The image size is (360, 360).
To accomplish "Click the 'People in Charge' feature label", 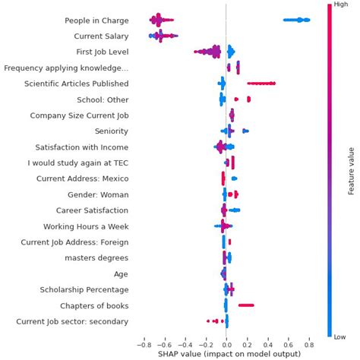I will coord(86,21).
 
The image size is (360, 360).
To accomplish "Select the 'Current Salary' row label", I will coord(101,36).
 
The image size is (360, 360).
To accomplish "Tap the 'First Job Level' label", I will coord(96,52).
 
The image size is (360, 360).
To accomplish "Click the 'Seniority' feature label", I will coord(111,131).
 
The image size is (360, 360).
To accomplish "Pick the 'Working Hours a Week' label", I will coord(86,226).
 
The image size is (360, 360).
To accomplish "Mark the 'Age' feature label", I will coord(121,274).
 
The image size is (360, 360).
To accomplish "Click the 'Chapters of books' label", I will coord(94,305).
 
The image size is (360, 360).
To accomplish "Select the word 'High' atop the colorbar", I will coord(339,5).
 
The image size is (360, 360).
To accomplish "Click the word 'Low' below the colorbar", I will coord(339,336).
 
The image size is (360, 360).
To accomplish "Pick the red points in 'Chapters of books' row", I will coord(246,305).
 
